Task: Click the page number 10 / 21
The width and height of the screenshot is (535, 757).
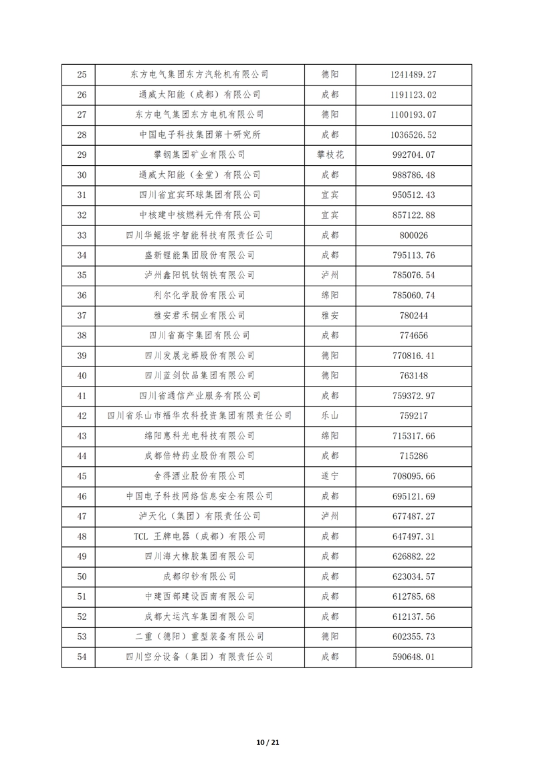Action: point(267,742)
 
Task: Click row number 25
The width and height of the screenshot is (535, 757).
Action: point(82,75)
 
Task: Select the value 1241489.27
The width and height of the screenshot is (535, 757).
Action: point(413,75)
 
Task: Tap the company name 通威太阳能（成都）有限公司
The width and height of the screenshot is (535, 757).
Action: point(199,95)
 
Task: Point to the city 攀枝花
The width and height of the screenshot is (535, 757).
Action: point(330,155)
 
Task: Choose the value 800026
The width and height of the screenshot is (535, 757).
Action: point(413,235)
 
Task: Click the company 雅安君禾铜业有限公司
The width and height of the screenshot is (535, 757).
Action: point(199,316)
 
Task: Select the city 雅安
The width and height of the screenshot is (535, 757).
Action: point(330,316)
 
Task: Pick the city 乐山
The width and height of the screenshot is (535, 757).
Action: point(330,416)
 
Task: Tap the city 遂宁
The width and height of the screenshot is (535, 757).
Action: point(330,476)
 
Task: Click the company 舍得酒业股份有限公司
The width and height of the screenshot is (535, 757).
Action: point(199,476)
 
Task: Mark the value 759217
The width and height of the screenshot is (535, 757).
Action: point(413,416)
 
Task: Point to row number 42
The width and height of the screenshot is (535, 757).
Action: point(82,416)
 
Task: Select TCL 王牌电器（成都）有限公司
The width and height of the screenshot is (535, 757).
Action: point(199,536)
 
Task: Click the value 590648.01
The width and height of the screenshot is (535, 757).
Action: point(413,657)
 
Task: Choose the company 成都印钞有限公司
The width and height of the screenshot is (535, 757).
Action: point(199,576)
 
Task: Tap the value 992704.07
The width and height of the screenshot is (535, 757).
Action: point(413,155)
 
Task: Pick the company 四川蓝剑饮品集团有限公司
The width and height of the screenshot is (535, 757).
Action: point(199,376)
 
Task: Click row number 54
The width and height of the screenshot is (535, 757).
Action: point(82,657)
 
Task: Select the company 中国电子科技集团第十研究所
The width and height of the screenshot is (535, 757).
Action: point(199,135)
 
